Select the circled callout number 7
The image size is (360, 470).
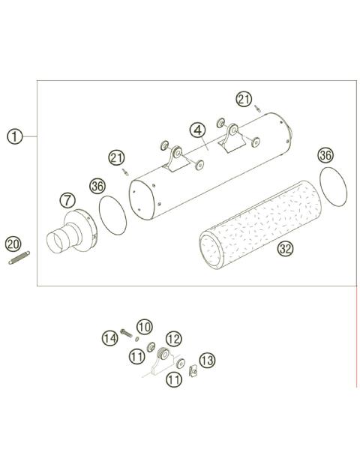67,200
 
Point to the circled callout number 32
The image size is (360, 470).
285,249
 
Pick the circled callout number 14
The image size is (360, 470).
109,338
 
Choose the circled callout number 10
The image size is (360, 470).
145,327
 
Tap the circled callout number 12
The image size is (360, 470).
173,339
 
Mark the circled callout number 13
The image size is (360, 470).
206,361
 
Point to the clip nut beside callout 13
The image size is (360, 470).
191,370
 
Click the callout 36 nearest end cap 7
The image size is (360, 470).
97,185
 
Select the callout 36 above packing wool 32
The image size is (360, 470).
324,155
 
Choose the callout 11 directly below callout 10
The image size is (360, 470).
136,357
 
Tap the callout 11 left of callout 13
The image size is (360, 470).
174,380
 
